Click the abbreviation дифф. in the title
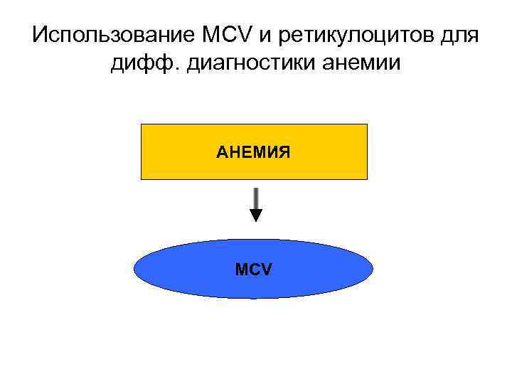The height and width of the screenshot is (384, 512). click(141, 65)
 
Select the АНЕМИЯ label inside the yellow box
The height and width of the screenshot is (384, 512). click(254, 151)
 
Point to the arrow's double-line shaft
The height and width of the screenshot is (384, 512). click(256, 197)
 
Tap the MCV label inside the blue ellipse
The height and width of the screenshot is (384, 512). click(254, 270)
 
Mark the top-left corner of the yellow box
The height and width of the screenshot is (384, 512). click(142, 124)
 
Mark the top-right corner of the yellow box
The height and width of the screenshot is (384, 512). click(367, 124)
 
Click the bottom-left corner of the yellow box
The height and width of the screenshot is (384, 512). click(142, 178)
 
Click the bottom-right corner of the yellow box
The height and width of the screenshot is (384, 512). click(367, 178)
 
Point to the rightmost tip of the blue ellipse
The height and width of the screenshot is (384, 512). click(373, 269)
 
